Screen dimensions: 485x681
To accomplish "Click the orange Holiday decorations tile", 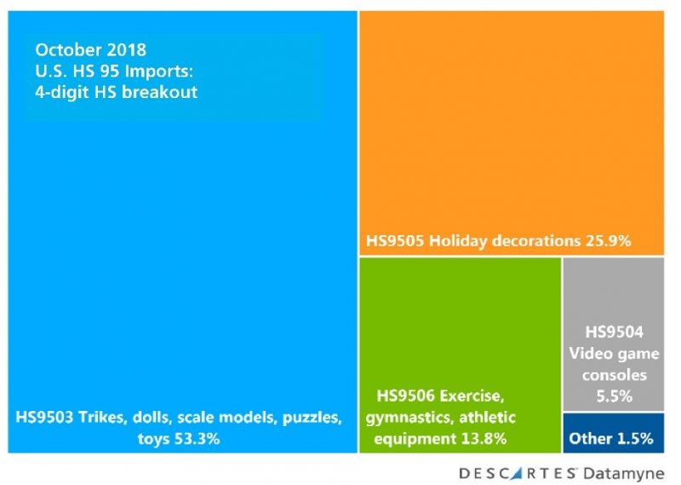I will [511, 128].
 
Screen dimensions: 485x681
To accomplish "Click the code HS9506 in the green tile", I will [403, 396].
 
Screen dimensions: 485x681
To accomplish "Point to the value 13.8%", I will [480, 440].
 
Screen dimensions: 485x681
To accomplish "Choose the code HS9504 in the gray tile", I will [613, 332].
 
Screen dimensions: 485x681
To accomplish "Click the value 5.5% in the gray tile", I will [613, 396].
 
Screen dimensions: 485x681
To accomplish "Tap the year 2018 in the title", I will [128, 50].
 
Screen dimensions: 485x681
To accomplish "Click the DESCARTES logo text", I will [520, 472].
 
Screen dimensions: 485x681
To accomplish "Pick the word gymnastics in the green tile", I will [406, 418].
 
